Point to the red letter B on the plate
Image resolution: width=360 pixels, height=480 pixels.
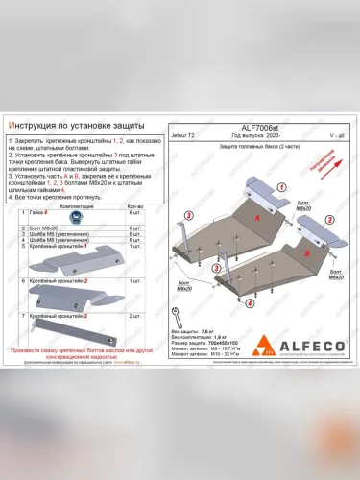pyautogui.click(x=305, y=252)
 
